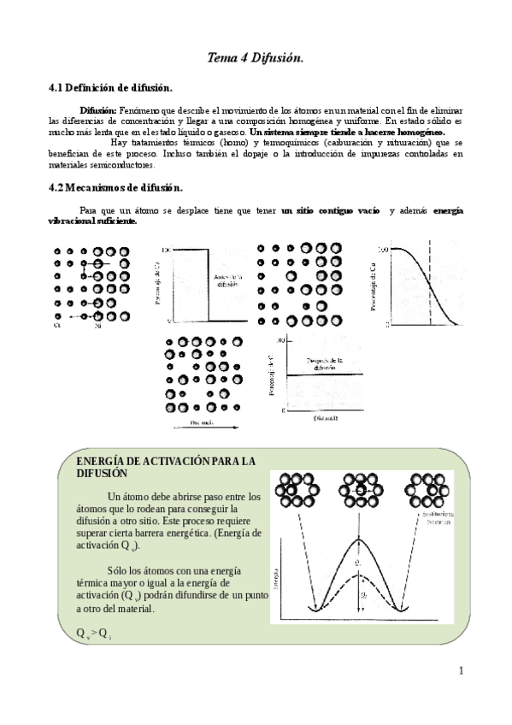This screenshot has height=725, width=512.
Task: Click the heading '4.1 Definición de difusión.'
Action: [x=111, y=88]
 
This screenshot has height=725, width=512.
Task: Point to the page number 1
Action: [x=461, y=669]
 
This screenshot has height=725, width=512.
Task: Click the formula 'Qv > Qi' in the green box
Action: [x=94, y=632]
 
